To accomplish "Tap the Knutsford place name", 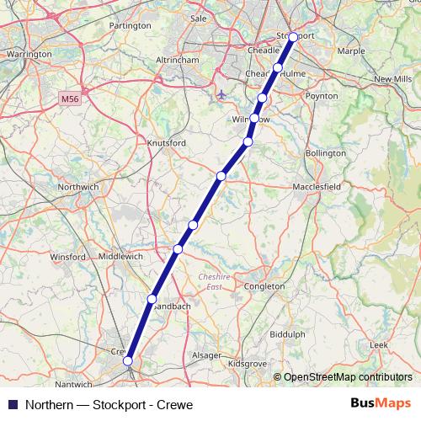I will (x=166, y=143).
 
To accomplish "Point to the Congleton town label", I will (x=264, y=286).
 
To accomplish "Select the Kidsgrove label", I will (x=248, y=363).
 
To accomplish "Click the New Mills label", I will (x=392, y=78).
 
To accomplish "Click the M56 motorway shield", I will (x=71, y=99).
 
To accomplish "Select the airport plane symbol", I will (x=221, y=94).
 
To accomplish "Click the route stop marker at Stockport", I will (x=293, y=37).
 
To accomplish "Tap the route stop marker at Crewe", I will (x=128, y=361).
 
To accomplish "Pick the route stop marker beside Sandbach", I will (x=152, y=299).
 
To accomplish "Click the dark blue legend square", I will (x=12, y=404).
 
